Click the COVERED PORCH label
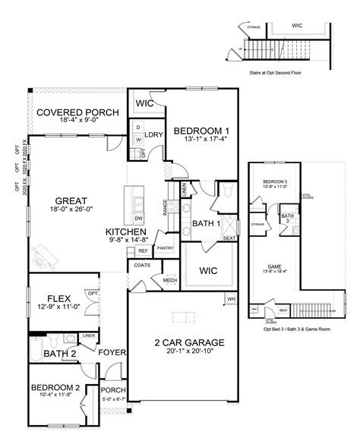pyautogui.click(x=77, y=112)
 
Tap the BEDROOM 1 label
pyautogui.click(x=201, y=131)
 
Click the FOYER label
pyautogui.click(x=112, y=351)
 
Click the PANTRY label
pyautogui.click(x=165, y=247)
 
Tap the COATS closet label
pyautogui.click(x=141, y=265)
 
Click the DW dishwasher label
pyautogui.click(x=138, y=216)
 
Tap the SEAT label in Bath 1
pyautogui.click(x=229, y=238)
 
